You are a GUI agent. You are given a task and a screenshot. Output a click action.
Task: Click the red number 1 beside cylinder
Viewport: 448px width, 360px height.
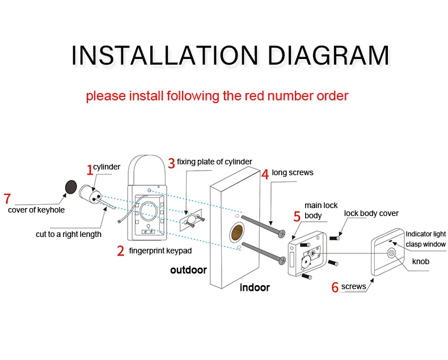click(x=89, y=169)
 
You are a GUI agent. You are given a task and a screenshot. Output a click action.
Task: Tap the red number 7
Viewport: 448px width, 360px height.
click(x=7, y=198)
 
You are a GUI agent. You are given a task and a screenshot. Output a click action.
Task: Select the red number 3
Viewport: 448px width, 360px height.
click(x=171, y=163)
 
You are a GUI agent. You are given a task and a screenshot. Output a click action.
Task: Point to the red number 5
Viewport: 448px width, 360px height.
click(x=297, y=217)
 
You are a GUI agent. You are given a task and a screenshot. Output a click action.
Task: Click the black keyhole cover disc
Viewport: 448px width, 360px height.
click(x=71, y=186)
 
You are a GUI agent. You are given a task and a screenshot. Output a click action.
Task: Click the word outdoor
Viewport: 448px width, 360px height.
click(x=188, y=270)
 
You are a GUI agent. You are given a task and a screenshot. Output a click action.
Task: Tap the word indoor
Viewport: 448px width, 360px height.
click(x=255, y=287)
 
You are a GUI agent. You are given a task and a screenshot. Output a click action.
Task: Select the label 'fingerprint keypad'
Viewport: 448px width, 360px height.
click(x=160, y=251)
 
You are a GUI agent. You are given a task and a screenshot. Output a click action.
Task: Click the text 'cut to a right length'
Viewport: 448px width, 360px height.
click(x=68, y=234)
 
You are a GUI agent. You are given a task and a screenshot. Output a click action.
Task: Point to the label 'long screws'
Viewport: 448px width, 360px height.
click(x=292, y=172)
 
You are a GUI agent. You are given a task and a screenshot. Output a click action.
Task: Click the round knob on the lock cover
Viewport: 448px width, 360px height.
click(x=391, y=253)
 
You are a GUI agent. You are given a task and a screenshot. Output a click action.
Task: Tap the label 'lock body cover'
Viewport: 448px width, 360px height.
click(x=371, y=213)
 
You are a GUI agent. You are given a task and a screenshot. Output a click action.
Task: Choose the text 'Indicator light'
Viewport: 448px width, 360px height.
click(x=425, y=234)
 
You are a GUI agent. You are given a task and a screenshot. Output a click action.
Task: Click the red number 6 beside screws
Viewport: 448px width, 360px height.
click(x=335, y=287)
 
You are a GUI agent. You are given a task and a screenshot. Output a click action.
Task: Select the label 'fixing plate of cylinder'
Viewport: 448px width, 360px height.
click(x=214, y=162)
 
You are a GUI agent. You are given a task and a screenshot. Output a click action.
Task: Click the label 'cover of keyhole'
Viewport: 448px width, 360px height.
click(x=36, y=210)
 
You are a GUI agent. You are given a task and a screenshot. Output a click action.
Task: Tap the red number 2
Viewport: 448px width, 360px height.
click(x=120, y=251)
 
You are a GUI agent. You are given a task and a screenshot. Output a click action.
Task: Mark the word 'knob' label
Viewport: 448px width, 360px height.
click(x=420, y=261)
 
